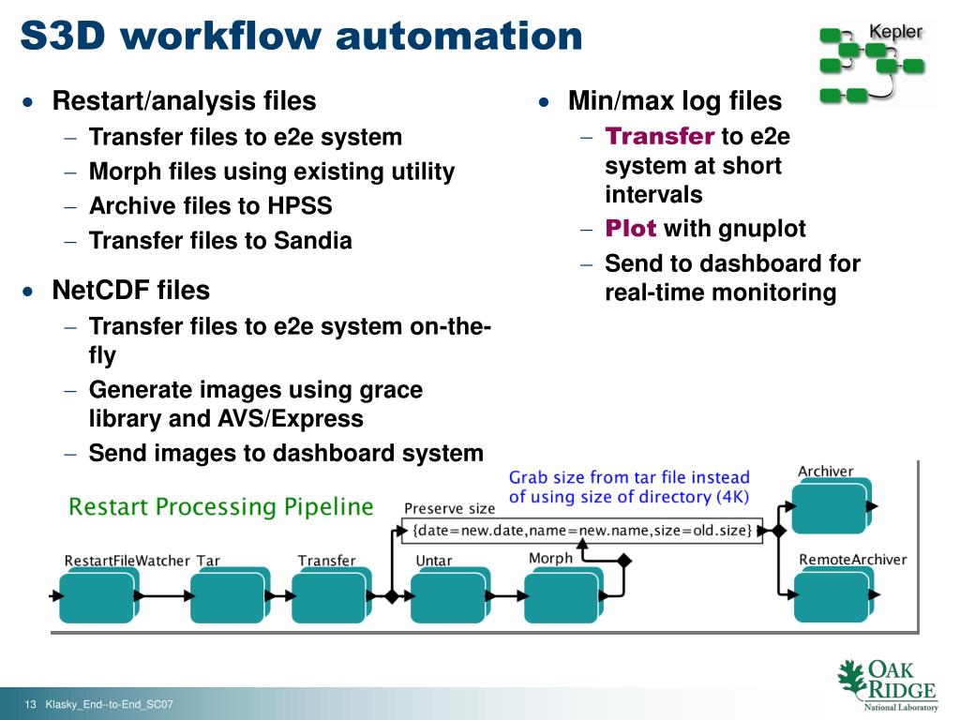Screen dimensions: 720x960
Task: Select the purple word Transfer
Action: (660, 137)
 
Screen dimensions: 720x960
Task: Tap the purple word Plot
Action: (630, 229)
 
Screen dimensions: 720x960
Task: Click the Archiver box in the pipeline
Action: (829, 506)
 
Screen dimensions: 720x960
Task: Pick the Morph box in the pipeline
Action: (561, 597)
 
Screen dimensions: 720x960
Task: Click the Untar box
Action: (447, 597)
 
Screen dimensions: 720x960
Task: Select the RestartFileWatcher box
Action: (97, 597)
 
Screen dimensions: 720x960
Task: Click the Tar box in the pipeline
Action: (228, 597)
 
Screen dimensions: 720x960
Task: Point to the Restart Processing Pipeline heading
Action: (221, 507)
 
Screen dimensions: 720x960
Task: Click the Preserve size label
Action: (449, 508)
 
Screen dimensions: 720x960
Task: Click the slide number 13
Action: (30, 705)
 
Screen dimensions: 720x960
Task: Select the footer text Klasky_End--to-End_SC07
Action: (110, 705)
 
